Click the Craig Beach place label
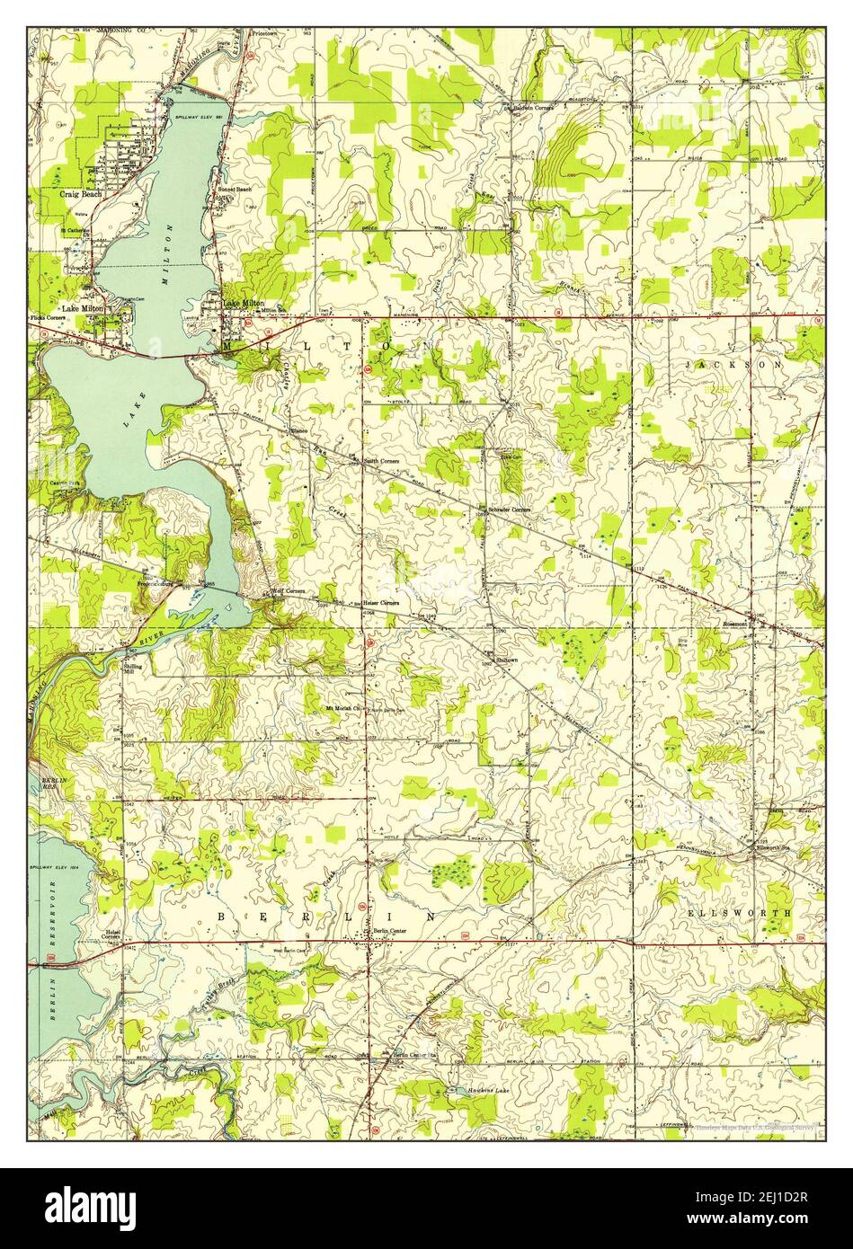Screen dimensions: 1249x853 tap(81, 193)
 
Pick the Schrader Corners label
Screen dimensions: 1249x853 tap(509, 509)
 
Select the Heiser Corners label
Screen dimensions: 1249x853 tap(380, 602)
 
